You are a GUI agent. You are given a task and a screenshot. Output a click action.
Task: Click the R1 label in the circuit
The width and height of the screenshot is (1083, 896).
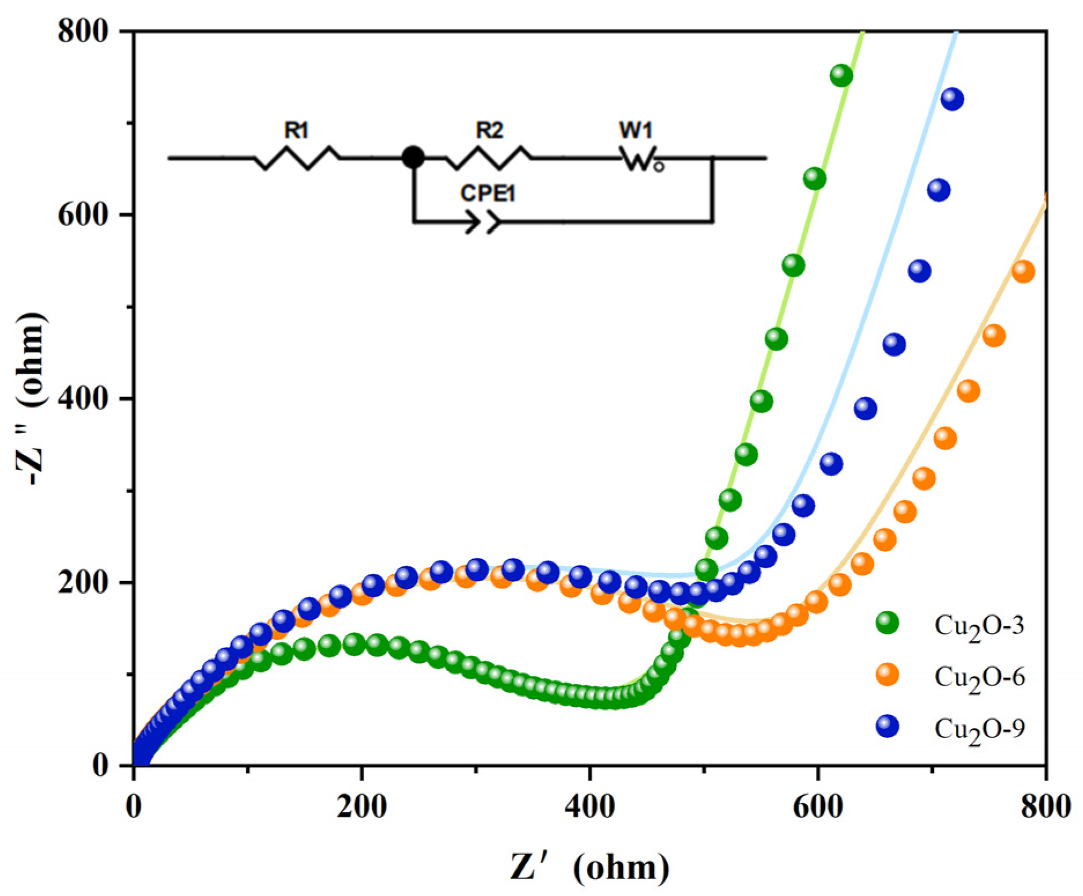(296, 131)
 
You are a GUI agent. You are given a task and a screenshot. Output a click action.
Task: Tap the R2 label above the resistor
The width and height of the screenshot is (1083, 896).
(489, 131)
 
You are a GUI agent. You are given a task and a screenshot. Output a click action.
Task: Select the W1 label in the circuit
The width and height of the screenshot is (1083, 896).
(635, 131)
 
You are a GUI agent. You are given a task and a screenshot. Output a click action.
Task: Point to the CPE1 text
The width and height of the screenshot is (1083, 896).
(487, 193)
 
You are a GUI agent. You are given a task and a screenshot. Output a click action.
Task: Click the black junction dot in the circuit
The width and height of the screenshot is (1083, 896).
(413, 157)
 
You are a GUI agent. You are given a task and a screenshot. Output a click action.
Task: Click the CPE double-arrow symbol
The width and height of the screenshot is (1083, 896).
(483, 222)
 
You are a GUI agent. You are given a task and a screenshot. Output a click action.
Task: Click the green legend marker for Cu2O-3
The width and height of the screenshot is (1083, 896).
(888, 623)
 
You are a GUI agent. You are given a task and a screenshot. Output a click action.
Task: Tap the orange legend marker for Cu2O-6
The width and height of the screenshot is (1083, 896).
(888, 674)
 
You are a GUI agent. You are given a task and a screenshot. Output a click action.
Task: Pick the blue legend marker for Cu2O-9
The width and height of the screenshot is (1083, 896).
(888, 726)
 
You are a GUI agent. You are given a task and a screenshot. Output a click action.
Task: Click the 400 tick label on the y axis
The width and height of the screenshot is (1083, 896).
(84, 398)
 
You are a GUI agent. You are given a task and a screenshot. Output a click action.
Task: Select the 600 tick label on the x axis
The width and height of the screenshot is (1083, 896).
(817, 807)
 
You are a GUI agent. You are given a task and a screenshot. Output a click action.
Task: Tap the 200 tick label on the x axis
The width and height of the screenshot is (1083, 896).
(361, 807)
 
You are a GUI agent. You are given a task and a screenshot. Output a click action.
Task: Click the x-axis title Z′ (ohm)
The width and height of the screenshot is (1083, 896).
(590, 868)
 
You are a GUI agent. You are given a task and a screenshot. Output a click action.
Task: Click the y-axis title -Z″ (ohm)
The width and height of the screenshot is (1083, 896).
(30, 399)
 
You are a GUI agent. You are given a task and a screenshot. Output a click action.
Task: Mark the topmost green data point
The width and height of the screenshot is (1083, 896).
(841, 75)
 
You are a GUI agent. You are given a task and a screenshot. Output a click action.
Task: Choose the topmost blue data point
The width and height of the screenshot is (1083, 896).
(952, 99)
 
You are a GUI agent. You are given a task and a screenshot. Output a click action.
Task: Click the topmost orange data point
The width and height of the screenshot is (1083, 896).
(1023, 271)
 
